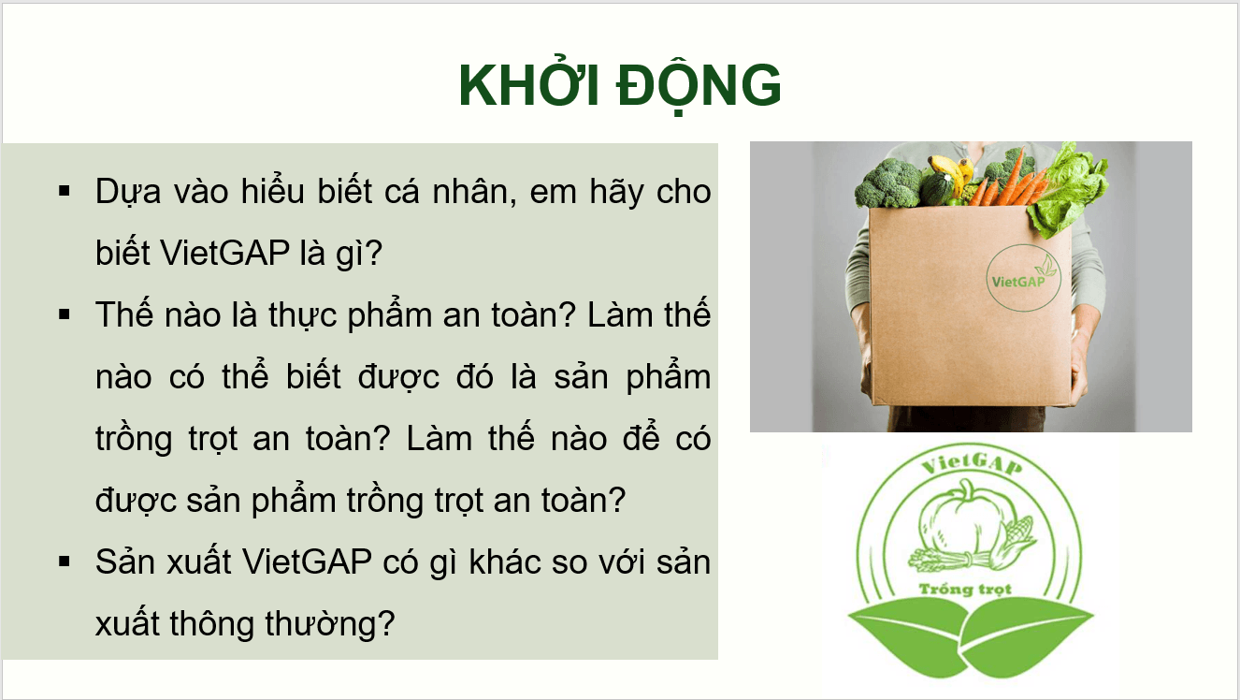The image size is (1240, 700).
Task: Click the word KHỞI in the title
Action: [x=525, y=88]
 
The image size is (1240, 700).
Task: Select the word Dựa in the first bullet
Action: [x=126, y=192]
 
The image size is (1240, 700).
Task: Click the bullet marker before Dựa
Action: [x=65, y=192]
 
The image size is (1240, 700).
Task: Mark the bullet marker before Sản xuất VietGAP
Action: [x=65, y=562]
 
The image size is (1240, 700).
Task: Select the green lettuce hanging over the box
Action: [x=1072, y=187]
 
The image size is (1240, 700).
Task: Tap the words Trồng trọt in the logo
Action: [x=966, y=590]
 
